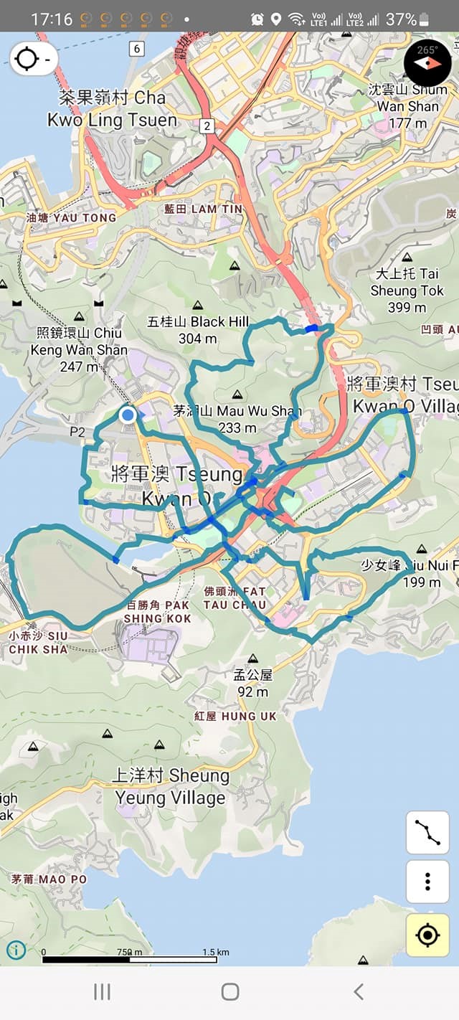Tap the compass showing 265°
(427, 62)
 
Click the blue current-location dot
(128, 415)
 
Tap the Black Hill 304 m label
(199, 329)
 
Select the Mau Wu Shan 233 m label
(237, 419)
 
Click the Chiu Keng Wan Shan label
(79, 349)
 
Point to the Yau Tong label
(70, 217)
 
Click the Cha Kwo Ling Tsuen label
(112, 108)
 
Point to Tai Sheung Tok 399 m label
(407, 291)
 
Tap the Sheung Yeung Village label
(171, 786)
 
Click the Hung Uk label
(235, 716)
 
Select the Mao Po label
(49, 879)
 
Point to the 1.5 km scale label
(215, 952)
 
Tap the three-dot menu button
(427, 882)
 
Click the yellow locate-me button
(427, 935)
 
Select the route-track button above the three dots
(427, 832)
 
